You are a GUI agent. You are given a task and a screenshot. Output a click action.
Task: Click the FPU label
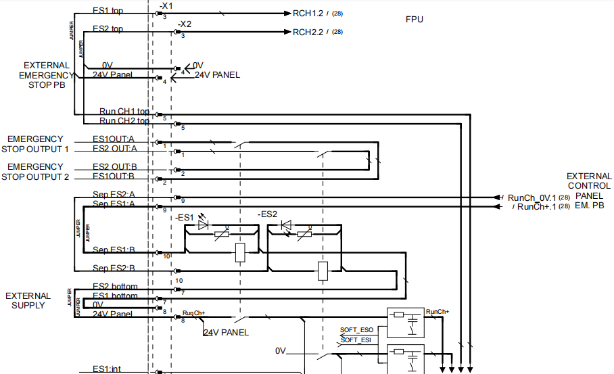(x=414, y=19)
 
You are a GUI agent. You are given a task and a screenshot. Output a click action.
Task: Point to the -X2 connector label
(x=184, y=24)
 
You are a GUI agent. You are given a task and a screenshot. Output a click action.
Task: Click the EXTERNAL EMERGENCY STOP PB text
(x=46, y=75)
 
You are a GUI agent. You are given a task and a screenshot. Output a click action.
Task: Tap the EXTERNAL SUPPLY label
(x=28, y=300)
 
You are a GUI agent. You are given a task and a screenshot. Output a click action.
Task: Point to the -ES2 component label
(x=268, y=214)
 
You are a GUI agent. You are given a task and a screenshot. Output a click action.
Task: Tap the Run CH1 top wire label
(x=124, y=111)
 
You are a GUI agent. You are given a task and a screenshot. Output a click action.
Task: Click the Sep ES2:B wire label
(x=114, y=268)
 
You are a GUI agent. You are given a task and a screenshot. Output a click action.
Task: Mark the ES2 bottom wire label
(x=115, y=287)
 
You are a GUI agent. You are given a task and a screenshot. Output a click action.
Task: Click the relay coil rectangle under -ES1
(x=240, y=253)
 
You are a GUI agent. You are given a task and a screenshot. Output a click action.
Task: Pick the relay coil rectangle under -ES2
(x=323, y=271)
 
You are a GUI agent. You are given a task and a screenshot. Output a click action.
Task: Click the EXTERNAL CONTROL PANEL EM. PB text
(x=588, y=191)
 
